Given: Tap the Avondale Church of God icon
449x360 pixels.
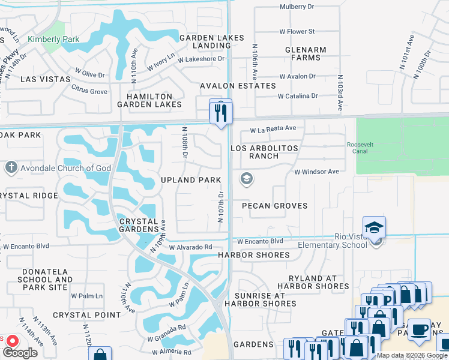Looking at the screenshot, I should click(x=10, y=168).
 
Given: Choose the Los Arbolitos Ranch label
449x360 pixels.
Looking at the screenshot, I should click(x=264, y=152).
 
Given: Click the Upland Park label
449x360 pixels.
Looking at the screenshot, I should click(x=191, y=180).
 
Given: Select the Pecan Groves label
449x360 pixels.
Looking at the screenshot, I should click(x=274, y=206).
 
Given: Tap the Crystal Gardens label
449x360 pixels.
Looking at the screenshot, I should click(x=138, y=225).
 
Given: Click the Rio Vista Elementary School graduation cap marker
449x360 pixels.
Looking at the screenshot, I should click(x=373, y=228).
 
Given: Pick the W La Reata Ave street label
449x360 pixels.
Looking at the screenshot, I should click(x=273, y=128).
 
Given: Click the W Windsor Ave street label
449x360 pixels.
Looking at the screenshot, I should click(x=316, y=172).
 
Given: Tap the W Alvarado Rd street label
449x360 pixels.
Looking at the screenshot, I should click(x=191, y=247).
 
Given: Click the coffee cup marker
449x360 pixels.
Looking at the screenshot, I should click(x=418, y=330).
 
